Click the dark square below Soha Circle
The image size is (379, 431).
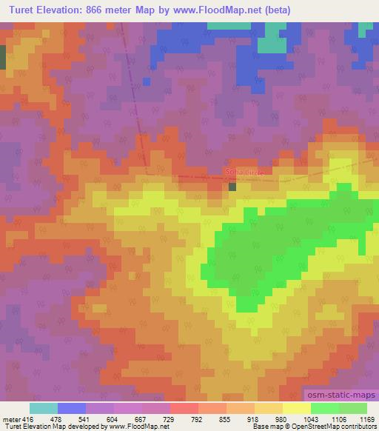coord(232,187)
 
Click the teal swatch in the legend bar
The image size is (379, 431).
coord(43,408)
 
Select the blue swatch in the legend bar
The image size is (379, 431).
coord(72,408)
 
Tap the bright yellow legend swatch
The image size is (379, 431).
coord(296,408)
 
